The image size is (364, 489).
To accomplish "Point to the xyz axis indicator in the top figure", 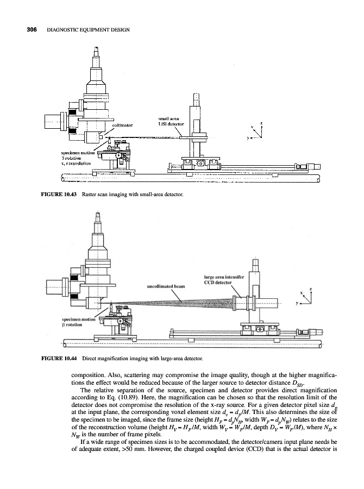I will coord(257,130).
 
